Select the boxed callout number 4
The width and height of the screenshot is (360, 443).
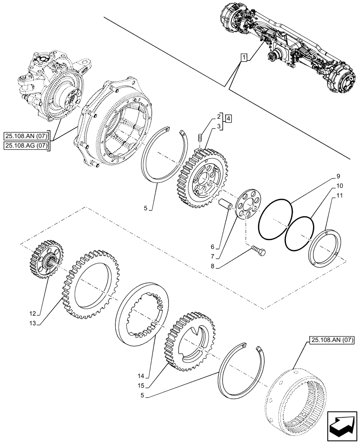pyautogui.click(x=227, y=118)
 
